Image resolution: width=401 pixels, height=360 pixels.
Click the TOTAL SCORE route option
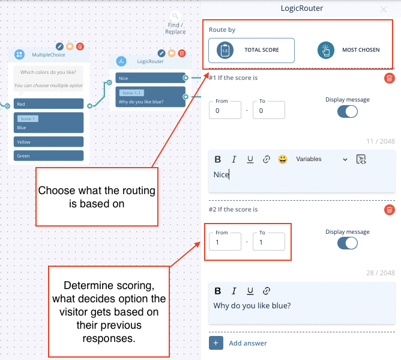coord(252,50)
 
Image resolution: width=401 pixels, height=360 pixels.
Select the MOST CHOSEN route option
coord(349,50)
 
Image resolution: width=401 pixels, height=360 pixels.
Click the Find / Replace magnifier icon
coord(175,17)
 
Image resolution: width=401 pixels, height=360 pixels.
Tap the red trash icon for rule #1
coord(390,78)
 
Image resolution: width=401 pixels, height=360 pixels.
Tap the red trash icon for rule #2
coord(390,210)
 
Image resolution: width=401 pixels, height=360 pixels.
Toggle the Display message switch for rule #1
coord(347,111)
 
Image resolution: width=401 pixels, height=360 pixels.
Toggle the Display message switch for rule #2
coord(347,243)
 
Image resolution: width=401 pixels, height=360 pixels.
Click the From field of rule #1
coord(225,111)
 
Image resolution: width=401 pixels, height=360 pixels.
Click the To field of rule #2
coord(268,242)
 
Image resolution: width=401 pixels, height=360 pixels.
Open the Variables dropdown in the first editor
coord(322,159)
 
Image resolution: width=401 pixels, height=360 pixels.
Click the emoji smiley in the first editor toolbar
coord(282,159)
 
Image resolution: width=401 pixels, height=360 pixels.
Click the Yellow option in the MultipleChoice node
coord(49,142)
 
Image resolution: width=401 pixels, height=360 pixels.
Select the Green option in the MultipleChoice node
coord(49,156)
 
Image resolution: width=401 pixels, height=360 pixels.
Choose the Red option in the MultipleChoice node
coord(49,104)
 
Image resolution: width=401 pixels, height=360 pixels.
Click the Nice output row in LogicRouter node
coord(151,78)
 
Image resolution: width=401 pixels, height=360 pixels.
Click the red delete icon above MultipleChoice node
coord(80,46)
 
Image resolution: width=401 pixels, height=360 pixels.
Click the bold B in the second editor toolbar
coord(218,291)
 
